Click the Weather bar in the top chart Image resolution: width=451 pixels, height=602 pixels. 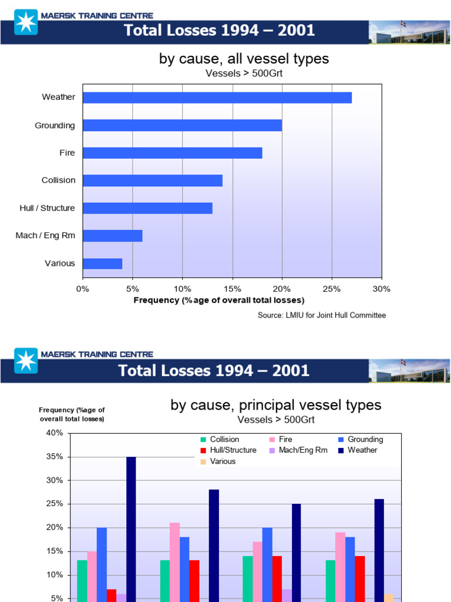tap(217, 98)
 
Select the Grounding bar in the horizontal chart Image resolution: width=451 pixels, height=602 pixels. tap(182, 125)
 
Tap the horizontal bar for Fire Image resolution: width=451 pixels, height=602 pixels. tap(172, 153)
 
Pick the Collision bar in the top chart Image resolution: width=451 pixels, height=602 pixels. tap(153, 180)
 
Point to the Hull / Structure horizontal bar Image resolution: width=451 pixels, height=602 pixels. tap(147, 208)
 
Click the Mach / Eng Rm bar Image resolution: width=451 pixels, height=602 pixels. tap(113, 236)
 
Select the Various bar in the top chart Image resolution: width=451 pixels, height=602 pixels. tap(103, 263)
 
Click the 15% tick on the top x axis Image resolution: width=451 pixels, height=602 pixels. tap(233, 289)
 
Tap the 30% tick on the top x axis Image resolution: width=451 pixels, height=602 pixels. tap(382, 289)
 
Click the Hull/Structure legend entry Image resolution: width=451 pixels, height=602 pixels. tap(233, 450)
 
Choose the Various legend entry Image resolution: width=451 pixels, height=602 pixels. tap(223, 461)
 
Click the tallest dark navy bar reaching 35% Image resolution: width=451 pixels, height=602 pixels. tap(131, 529)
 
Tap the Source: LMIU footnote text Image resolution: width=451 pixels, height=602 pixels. tap(322, 315)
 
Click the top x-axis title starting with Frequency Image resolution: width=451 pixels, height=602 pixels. tap(219, 300)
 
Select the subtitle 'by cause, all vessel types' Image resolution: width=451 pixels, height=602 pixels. tap(244, 59)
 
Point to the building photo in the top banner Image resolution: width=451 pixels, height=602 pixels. tap(409, 32)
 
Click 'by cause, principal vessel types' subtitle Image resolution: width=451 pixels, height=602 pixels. tap(275, 405)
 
